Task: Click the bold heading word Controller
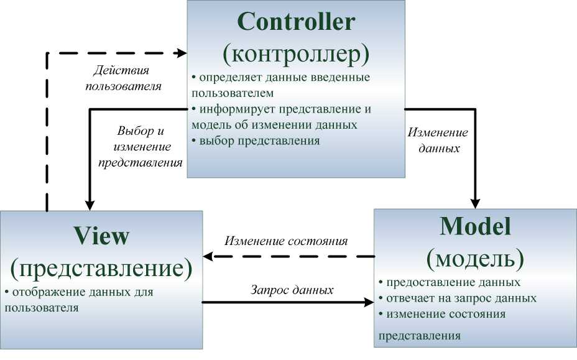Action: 296,22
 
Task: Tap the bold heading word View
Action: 101,236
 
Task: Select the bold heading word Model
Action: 475,226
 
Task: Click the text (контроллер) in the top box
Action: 296,54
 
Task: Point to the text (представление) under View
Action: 101,268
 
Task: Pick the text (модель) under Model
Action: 475,257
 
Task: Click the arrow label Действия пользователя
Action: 123,78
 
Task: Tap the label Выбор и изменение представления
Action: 144,147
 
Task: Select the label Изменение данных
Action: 438,141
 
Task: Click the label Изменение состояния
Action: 286,241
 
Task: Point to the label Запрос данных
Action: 292,290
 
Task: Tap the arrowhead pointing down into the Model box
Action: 476,203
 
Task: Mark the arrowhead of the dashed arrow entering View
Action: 210,256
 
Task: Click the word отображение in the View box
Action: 43,292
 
